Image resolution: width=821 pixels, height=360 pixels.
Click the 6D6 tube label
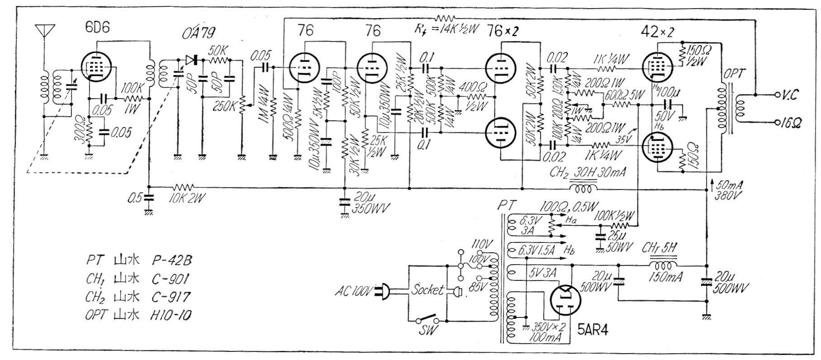coord(97,28)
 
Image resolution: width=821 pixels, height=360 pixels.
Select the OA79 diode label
coord(199,33)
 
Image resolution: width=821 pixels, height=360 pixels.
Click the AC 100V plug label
coord(352,290)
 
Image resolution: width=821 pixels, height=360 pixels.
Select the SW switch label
coord(427,331)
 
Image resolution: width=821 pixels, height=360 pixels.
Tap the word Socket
coord(427,290)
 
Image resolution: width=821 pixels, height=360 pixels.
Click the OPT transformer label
coord(732,74)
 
